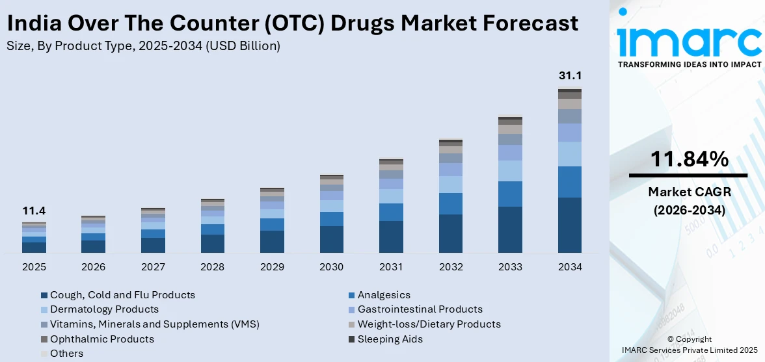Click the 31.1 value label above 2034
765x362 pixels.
570,76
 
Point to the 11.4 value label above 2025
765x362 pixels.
34,211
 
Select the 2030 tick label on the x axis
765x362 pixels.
332,267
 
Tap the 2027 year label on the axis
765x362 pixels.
153,267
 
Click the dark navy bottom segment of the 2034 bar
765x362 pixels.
570,225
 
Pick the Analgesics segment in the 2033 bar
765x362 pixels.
510,194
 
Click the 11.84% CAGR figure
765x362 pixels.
688,159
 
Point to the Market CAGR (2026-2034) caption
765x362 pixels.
688,201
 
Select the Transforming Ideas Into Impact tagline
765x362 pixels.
689,64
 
